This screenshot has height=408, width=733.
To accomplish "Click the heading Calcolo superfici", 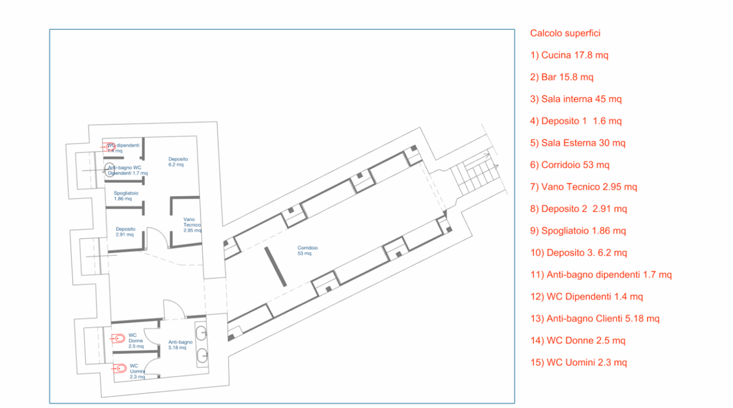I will (565, 33).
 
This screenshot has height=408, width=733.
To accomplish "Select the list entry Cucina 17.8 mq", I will (569, 56).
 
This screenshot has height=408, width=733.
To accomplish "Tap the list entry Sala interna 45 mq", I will (576, 99).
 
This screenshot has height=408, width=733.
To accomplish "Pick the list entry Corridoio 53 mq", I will (570, 165).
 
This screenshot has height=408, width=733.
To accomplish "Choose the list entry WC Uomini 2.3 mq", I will (578, 362).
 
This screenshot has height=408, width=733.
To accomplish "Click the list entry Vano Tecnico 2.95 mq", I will (584, 187).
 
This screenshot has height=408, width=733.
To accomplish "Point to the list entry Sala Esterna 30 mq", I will (578, 143).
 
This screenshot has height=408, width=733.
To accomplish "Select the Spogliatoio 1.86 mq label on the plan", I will (126, 196).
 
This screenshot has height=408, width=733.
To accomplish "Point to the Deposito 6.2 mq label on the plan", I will (178, 162).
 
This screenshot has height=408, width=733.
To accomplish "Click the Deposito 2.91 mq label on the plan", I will (125, 232).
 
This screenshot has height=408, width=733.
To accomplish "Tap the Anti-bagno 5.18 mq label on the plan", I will (180, 344).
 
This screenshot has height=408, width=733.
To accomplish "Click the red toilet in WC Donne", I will (119, 339).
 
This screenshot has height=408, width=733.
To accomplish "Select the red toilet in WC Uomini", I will (119, 369).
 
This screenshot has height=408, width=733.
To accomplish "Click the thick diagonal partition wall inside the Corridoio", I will (275, 267).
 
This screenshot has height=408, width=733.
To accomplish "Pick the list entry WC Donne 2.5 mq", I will (578, 340).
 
